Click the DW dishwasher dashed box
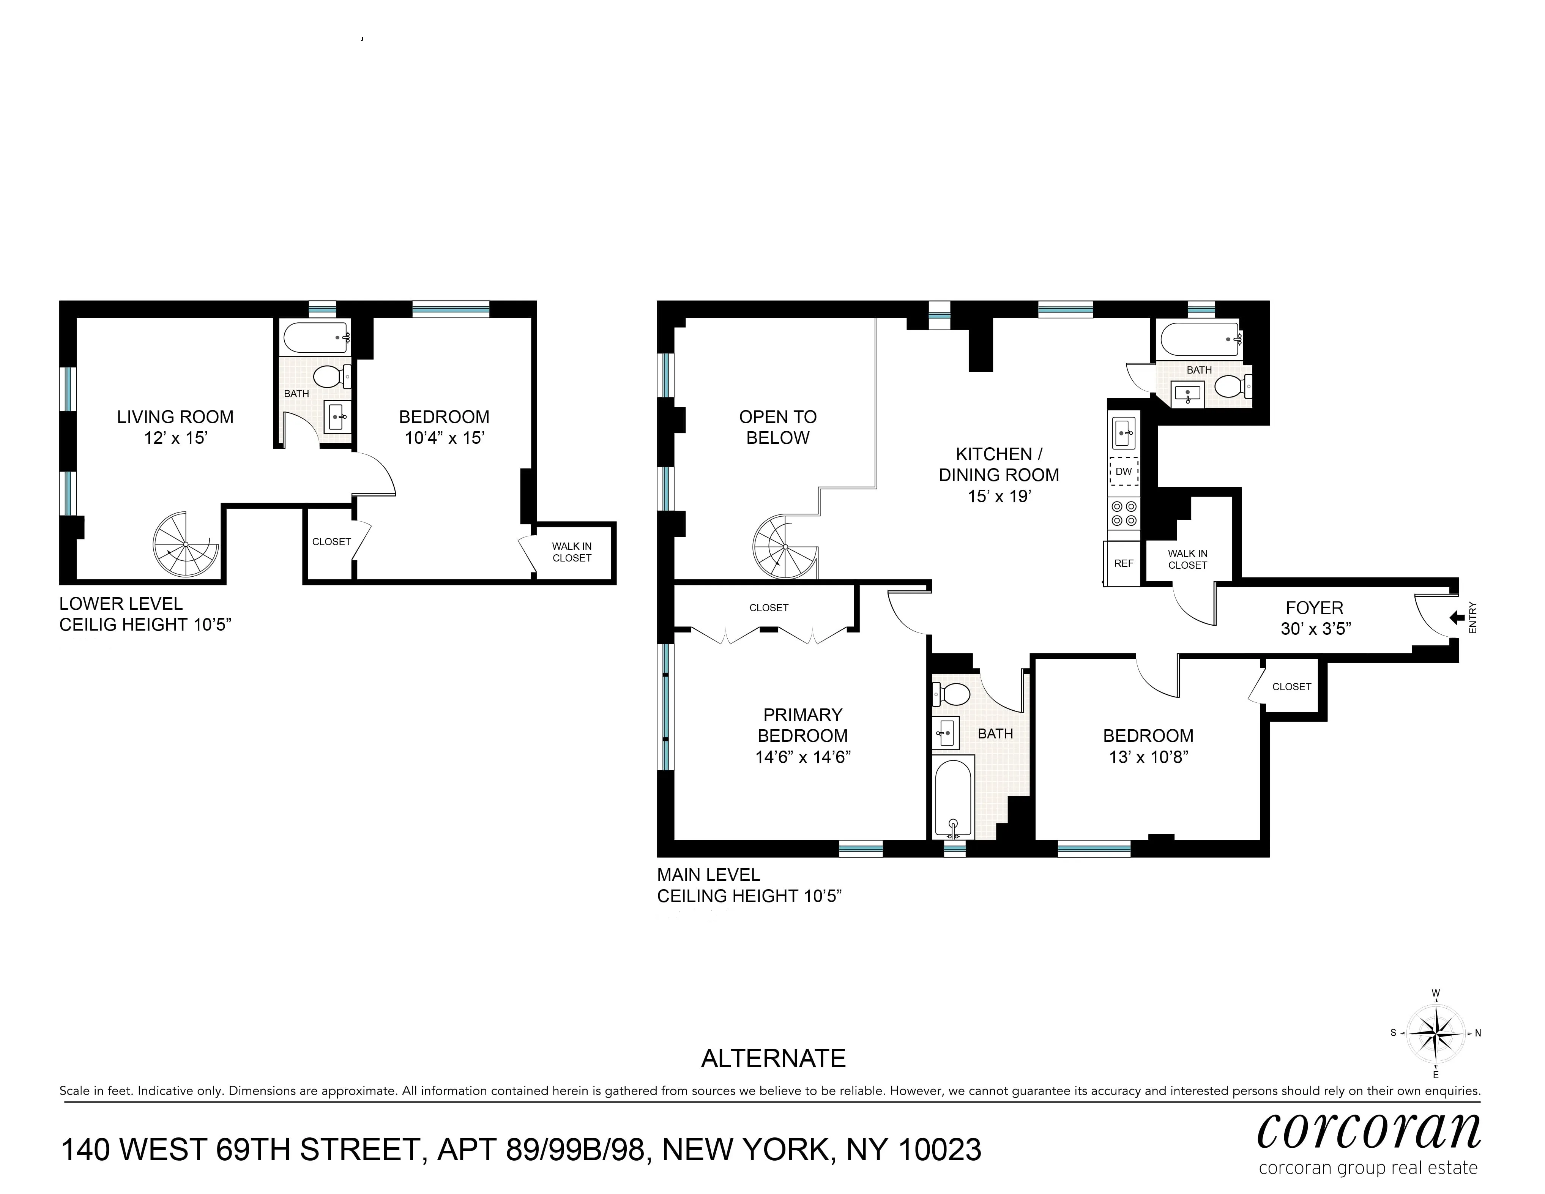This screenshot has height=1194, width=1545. click(1123, 471)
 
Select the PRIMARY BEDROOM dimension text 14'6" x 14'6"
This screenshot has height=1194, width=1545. click(802, 757)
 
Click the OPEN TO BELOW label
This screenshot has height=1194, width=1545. click(777, 427)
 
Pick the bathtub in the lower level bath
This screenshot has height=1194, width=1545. click(315, 339)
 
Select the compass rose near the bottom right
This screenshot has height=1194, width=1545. click(1435, 1033)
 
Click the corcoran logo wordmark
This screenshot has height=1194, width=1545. click(1369, 1132)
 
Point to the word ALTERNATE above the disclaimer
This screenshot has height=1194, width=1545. click(773, 1059)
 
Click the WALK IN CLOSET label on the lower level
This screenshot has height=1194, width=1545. click(572, 552)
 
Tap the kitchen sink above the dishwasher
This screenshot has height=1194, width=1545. click(1123, 432)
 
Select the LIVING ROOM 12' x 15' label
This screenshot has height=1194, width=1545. click(175, 427)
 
